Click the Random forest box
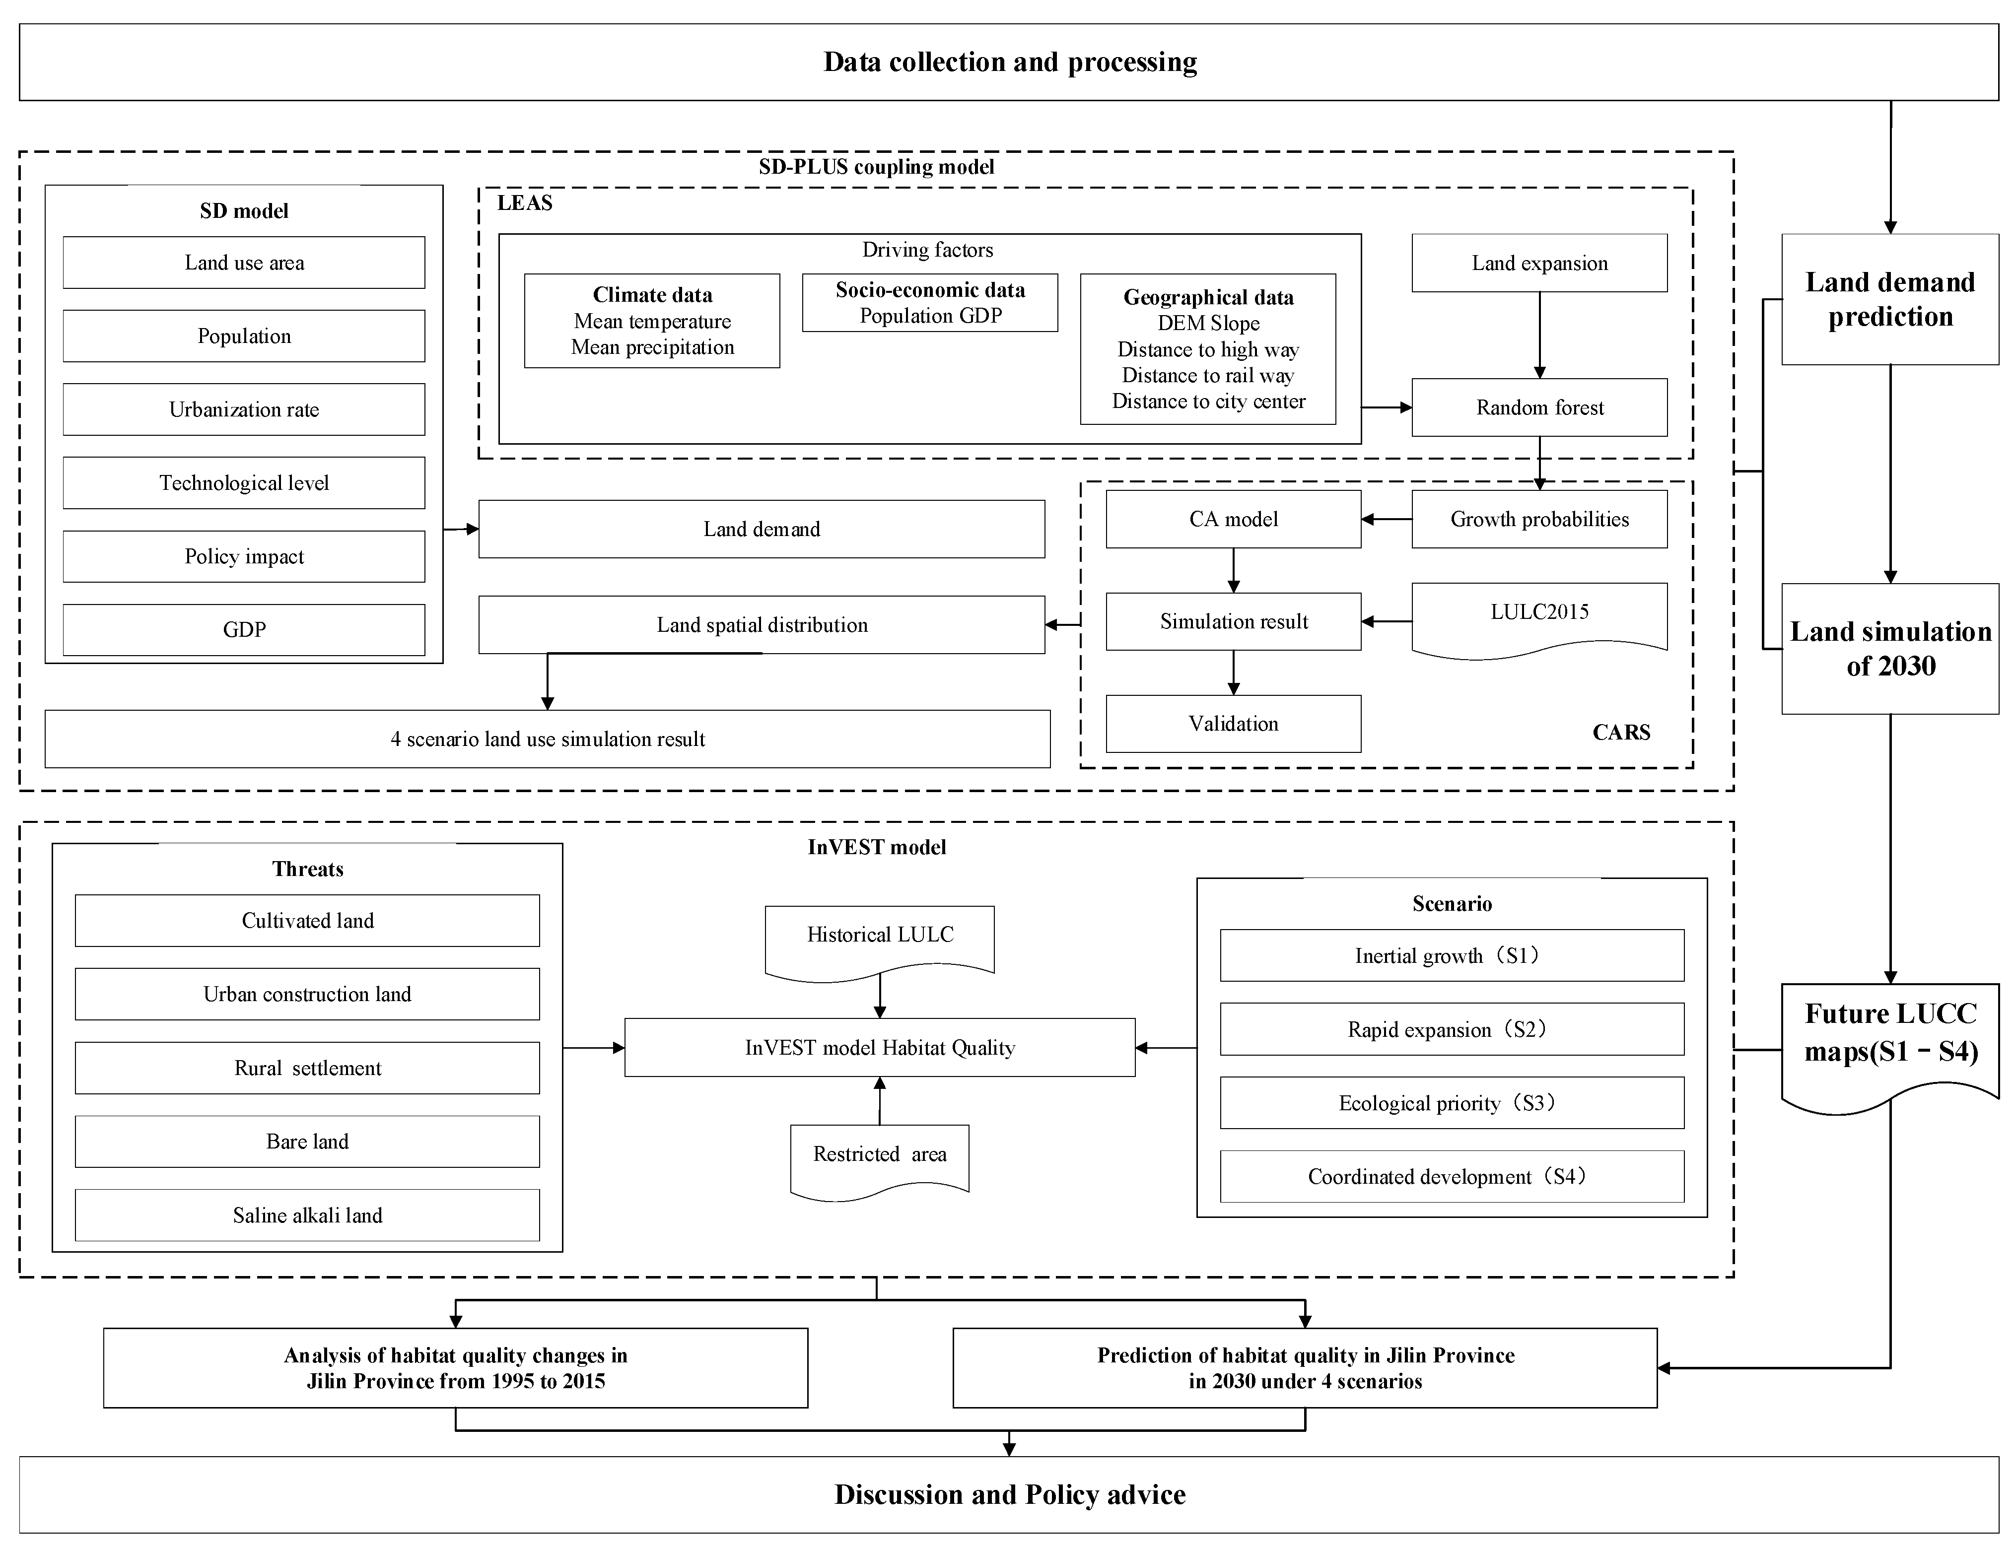click(x=1539, y=407)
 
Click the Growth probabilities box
click(x=1539, y=519)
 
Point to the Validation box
click(x=1233, y=723)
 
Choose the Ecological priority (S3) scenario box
click(x=1451, y=1103)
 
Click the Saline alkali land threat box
click(x=307, y=1215)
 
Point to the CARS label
click(x=1621, y=733)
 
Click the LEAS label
click(x=524, y=202)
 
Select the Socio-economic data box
click(x=930, y=302)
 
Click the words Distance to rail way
click(x=1207, y=375)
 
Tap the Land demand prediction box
click(x=1889, y=299)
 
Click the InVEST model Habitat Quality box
click(x=879, y=1048)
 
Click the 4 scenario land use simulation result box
click(x=547, y=739)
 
